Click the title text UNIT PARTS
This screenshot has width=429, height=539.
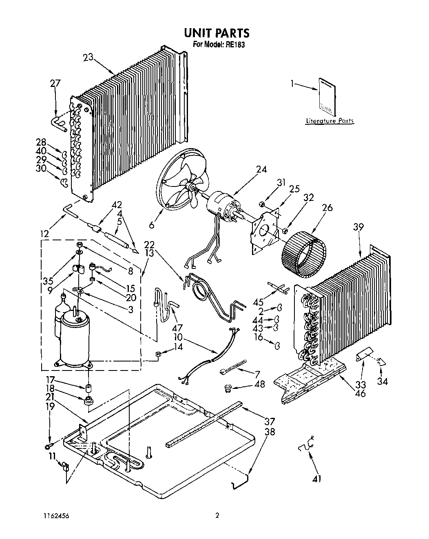click(217, 33)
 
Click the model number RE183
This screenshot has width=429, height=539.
click(236, 45)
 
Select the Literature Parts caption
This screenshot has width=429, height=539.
click(329, 121)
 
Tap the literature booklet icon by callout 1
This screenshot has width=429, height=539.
click(327, 98)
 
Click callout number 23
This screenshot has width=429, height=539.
click(88, 58)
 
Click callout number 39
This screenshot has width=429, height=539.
click(358, 227)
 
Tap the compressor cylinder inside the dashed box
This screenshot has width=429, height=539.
click(74, 335)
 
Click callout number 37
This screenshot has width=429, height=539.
click(270, 421)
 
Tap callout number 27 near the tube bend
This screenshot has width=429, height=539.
click(55, 84)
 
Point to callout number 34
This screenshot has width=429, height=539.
click(383, 382)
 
